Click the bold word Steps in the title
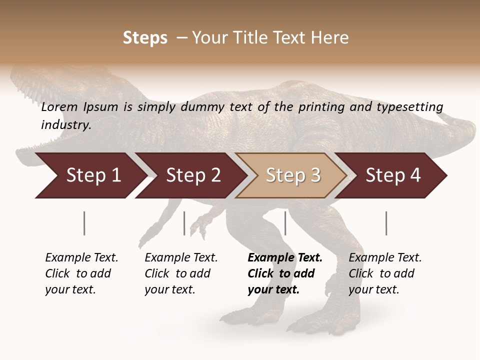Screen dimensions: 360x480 (x=145, y=38)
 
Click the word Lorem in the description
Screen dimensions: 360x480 (x=59, y=106)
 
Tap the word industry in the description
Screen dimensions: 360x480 (x=65, y=125)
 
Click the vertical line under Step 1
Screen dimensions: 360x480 (x=84, y=223)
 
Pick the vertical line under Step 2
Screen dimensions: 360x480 (x=184, y=223)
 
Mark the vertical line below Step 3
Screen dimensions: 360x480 (x=285, y=223)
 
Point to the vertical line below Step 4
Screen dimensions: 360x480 (x=386, y=223)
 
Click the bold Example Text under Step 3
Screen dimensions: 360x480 (x=285, y=257)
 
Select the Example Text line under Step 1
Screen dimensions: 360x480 (x=81, y=257)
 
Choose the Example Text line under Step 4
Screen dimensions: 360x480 (x=385, y=257)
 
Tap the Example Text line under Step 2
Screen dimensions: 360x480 (x=181, y=257)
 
